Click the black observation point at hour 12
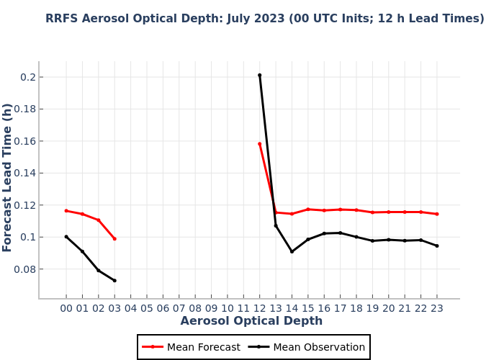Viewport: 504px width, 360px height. pos(260,75)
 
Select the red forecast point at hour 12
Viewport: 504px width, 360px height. pos(260,144)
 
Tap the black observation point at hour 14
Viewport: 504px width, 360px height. pos(292,251)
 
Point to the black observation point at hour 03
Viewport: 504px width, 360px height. pos(114,280)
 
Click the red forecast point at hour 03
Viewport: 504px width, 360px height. pos(114,238)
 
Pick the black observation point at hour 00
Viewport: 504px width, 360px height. pos(66,237)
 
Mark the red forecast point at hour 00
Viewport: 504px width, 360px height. pos(66,211)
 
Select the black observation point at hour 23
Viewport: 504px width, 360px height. pos(436,246)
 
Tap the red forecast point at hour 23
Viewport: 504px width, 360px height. pos(436,214)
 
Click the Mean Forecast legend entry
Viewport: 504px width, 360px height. pos(192,347)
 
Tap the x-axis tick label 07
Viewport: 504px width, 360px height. pos(179,308)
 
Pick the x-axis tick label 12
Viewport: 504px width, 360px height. pos(260,308)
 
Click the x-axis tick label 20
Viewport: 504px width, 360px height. pos(389,308)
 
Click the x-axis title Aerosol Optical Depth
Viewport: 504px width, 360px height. pos(251,321)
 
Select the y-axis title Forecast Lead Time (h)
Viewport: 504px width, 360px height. pos(8,177)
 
